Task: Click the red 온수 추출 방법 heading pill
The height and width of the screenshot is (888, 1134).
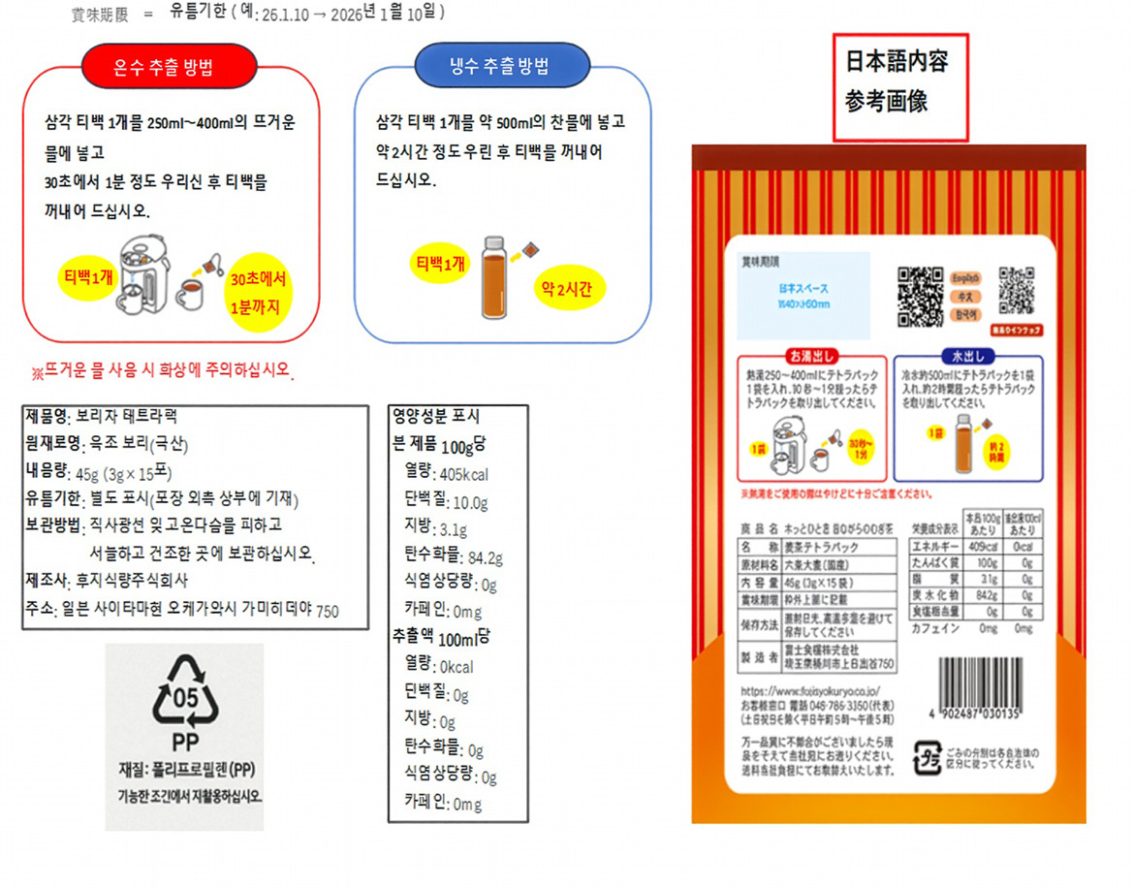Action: click(x=170, y=67)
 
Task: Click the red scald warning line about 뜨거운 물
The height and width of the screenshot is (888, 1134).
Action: click(x=162, y=372)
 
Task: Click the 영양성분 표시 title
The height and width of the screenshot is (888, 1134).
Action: click(x=436, y=417)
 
